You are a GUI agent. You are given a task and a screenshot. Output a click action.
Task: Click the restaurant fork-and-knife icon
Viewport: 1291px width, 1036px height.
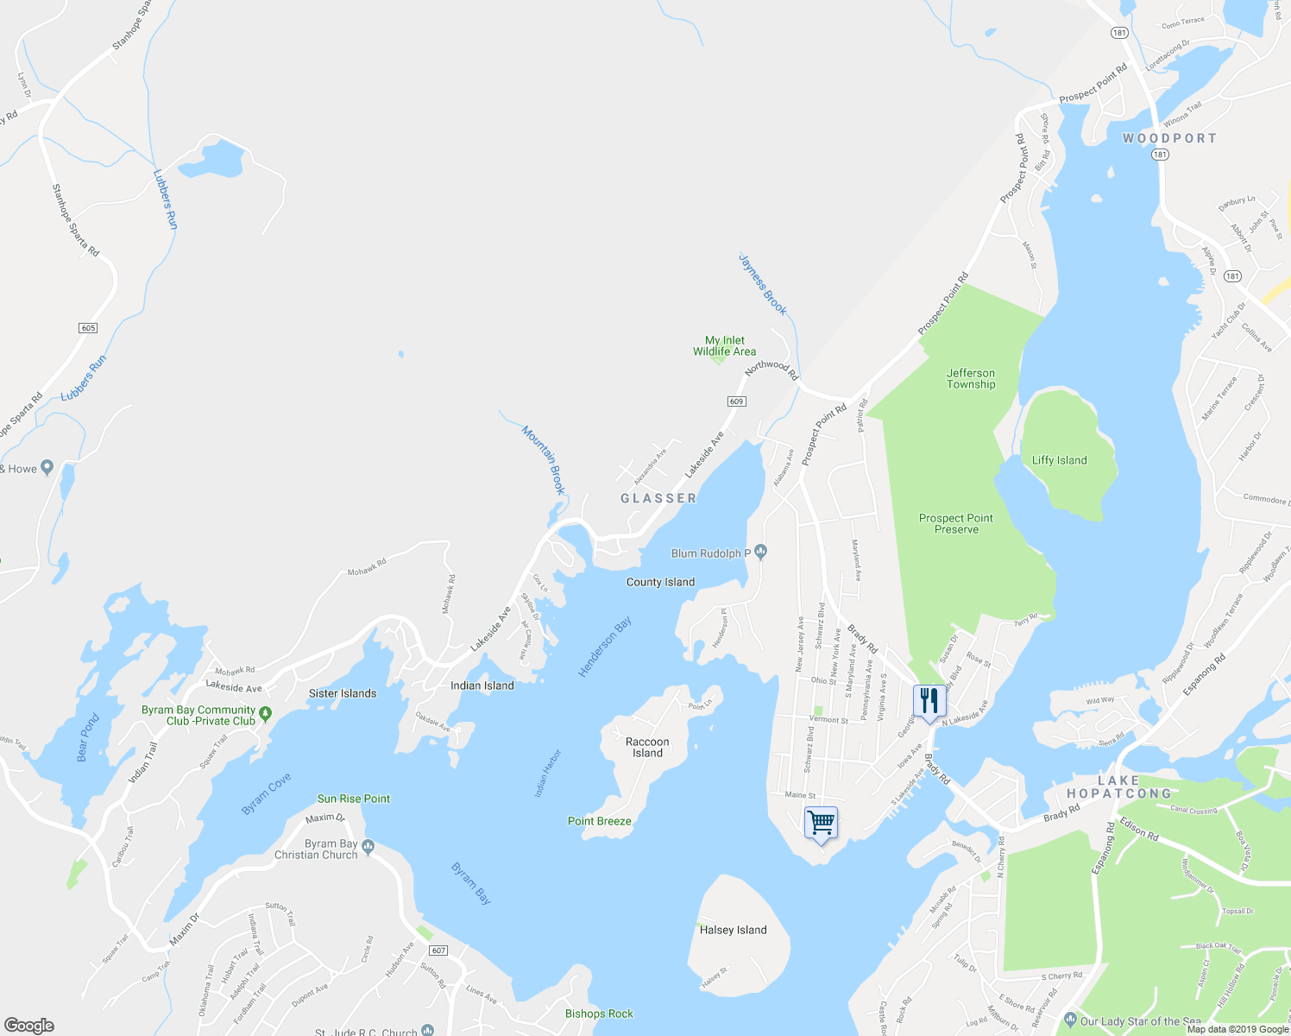click(929, 700)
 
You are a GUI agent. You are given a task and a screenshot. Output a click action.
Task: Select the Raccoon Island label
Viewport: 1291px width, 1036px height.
click(647, 748)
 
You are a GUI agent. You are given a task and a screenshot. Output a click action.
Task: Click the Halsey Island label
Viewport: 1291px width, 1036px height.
click(733, 930)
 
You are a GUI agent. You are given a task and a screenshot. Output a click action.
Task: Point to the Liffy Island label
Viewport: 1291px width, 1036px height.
click(1059, 460)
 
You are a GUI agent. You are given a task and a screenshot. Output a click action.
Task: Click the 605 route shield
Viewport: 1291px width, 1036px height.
click(88, 328)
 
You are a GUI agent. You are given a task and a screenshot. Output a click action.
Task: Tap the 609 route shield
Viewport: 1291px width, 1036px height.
click(736, 401)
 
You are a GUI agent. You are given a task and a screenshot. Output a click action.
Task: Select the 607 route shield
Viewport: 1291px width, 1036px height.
click(438, 951)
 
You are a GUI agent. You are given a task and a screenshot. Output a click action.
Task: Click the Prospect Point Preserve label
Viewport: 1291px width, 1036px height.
click(955, 524)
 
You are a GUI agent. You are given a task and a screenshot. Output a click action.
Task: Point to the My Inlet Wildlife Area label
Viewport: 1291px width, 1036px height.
click(724, 346)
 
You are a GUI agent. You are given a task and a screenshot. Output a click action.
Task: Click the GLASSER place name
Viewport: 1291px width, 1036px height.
click(658, 498)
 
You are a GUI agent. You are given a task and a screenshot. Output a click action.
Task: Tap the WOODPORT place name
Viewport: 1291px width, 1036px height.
click(1169, 138)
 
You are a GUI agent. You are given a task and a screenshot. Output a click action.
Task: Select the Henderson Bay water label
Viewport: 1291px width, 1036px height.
click(605, 647)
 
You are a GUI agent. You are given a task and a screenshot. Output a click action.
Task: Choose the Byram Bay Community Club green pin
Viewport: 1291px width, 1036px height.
click(266, 714)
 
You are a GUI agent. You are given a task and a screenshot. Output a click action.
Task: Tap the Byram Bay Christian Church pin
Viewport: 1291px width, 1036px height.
click(368, 846)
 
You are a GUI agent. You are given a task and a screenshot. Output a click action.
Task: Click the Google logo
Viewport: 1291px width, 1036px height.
click(28, 1025)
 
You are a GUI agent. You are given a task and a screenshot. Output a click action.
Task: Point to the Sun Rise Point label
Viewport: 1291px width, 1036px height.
click(354, 799)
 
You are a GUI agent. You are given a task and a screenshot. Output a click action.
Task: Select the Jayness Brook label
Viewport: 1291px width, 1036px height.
click(763, 284)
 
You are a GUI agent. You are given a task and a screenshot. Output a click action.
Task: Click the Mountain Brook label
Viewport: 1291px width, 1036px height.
click(544, 459)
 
